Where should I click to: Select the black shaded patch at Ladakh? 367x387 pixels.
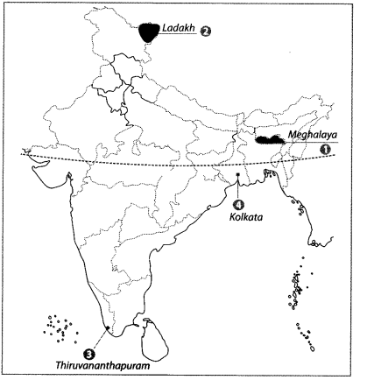pos(151,31)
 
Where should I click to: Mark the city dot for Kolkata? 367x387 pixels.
pos(238,175)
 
